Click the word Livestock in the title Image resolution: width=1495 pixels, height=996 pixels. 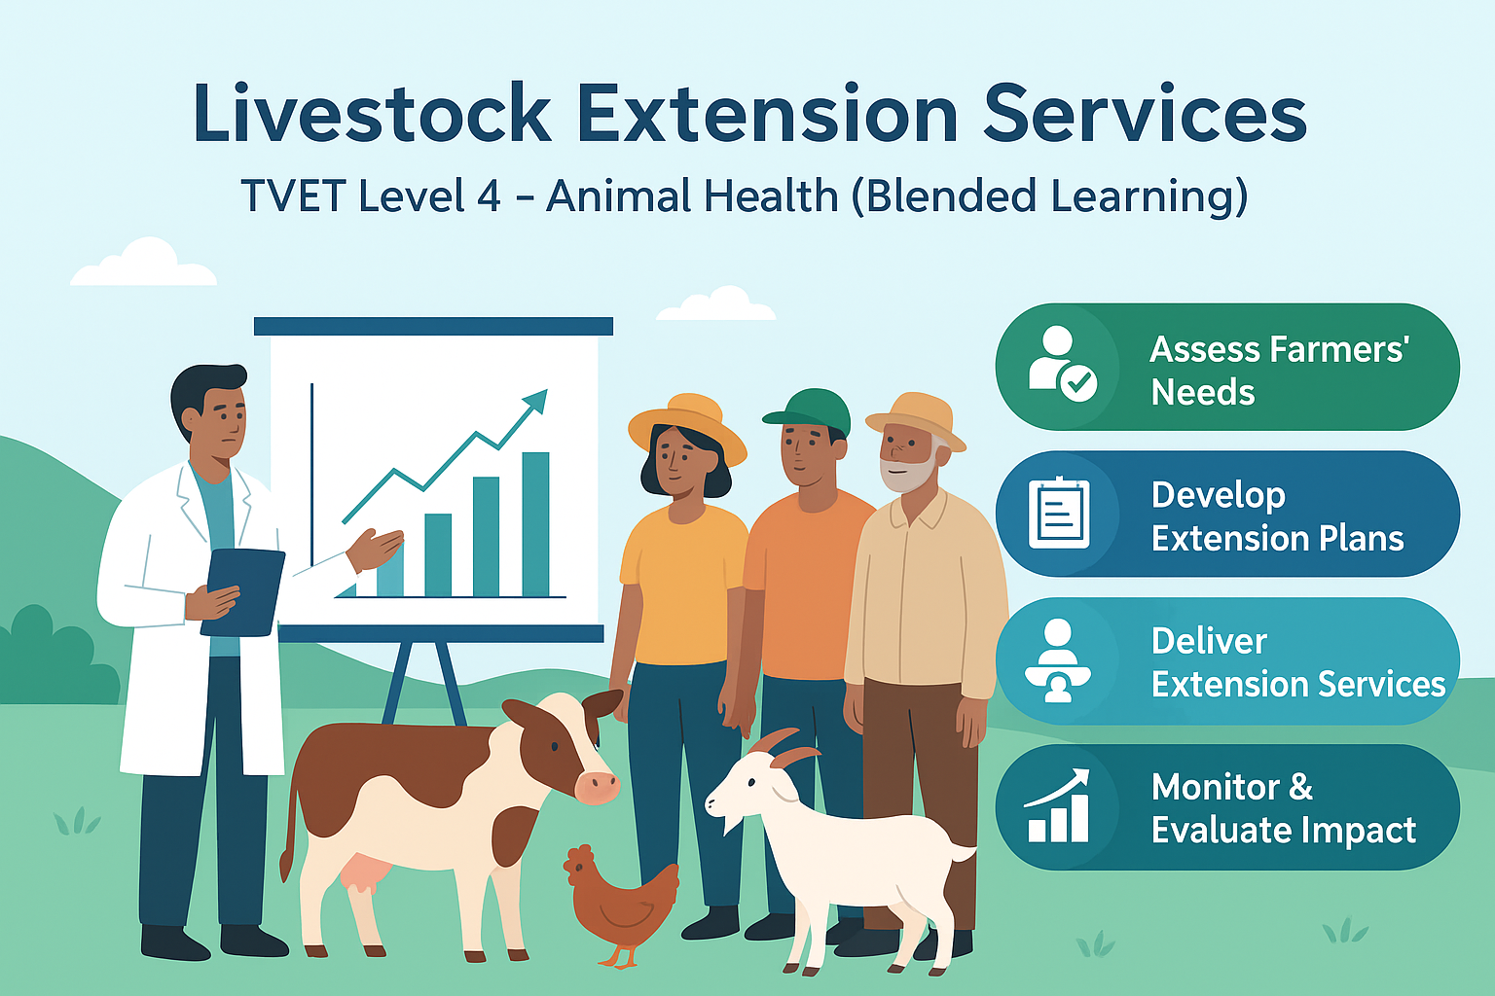(372, 115)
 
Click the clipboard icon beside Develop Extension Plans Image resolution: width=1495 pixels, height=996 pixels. (1059, 513)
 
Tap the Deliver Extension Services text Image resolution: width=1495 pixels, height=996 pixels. (1296, 662)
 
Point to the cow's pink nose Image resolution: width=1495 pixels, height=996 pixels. (595, 784)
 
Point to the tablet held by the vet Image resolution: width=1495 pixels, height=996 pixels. (245, 590)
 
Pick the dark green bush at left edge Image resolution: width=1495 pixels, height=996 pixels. (44, 652)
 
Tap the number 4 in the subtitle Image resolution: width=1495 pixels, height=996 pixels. (488, 196)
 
